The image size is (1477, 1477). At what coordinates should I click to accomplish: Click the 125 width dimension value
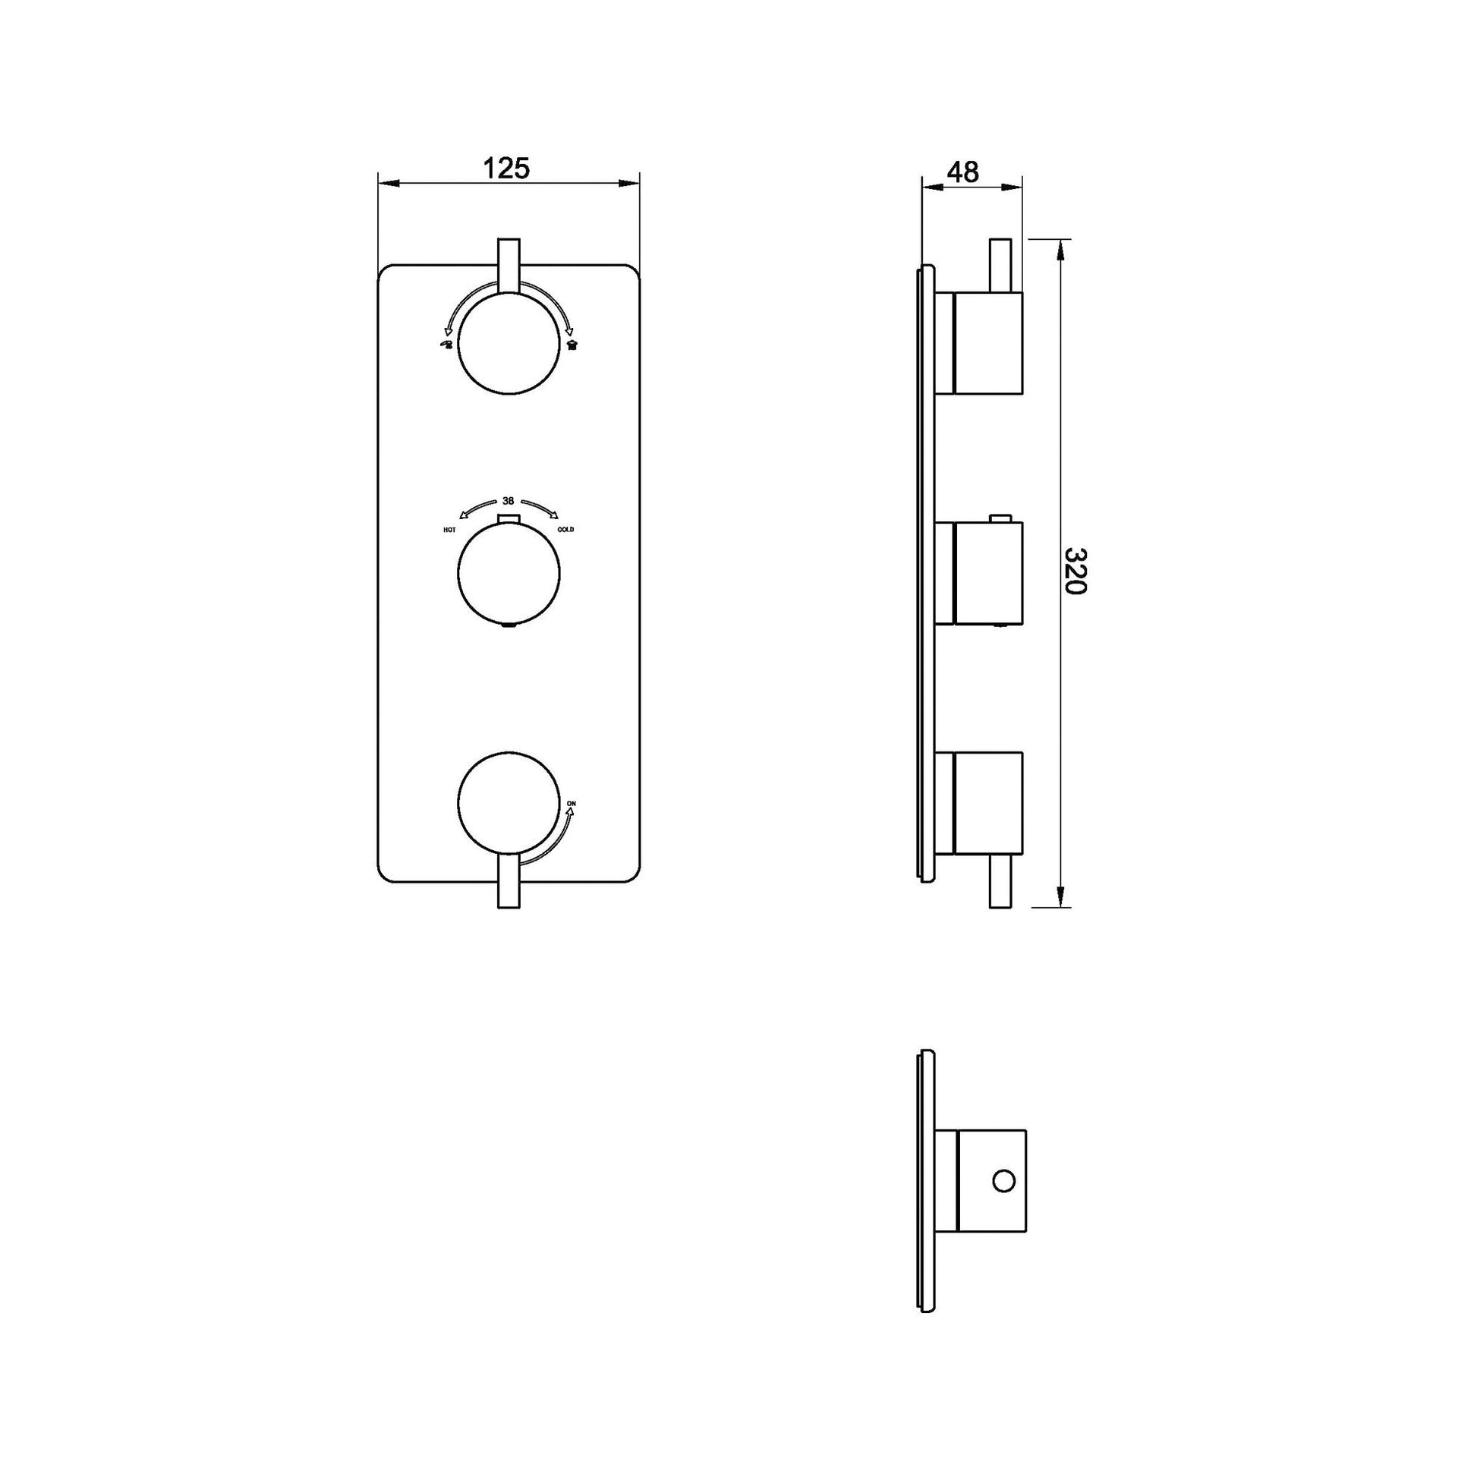click(x=509, y=168)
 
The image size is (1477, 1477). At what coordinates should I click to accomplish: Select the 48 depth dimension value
click(x=962, y=173)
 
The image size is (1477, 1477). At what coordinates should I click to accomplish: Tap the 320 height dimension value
click(x=1075, y=571)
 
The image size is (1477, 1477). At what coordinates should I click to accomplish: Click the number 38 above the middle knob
click(x=509, y=502)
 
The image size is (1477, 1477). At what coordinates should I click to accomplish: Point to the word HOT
click(x=449, y=530)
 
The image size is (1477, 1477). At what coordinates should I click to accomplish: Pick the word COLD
click(x=566, y=530)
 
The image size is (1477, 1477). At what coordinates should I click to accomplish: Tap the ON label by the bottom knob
click(x=571, y=803)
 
